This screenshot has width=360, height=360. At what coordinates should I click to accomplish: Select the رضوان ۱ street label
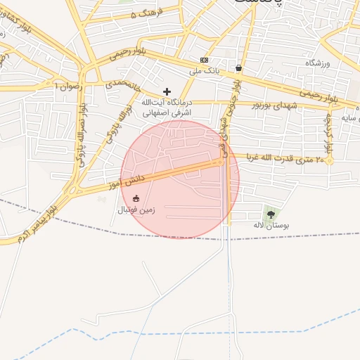68,85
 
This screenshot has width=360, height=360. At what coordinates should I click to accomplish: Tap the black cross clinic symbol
167,91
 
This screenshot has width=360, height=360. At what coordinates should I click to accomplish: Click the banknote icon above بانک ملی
205,60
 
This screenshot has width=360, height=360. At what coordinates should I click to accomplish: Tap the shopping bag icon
239,68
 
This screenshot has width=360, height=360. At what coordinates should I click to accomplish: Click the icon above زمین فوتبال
136,198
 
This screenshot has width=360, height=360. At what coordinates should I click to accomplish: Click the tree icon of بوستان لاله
271,214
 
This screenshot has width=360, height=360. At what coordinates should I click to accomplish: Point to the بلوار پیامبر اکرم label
32,225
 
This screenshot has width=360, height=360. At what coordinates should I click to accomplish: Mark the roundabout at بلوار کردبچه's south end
329,161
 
